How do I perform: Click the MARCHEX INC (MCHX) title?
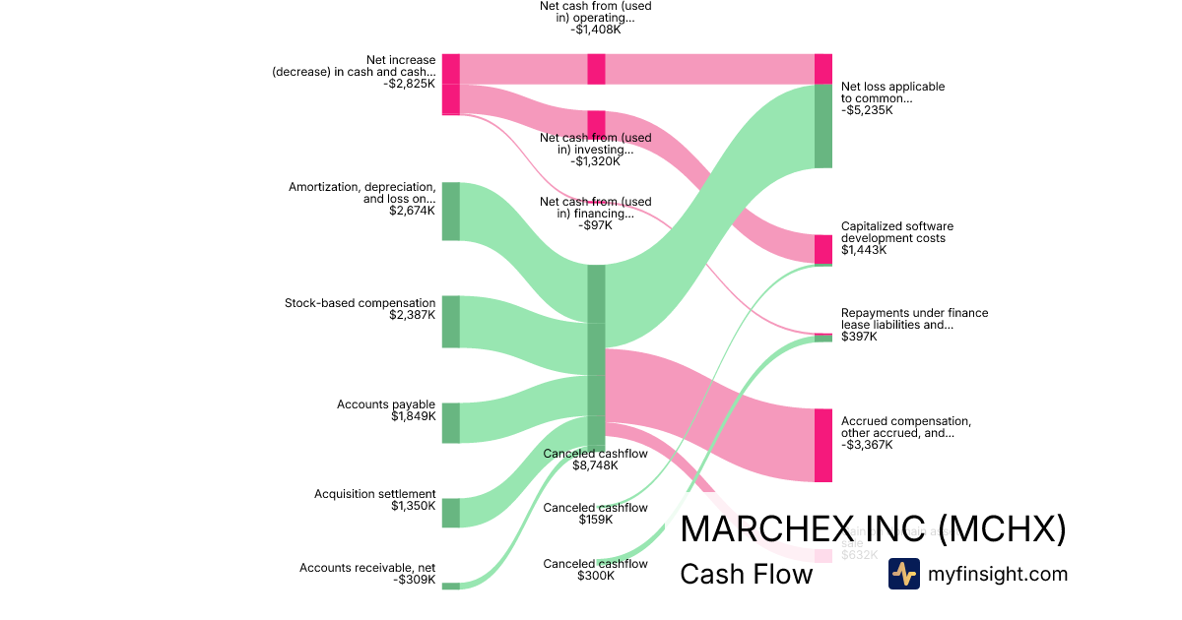pos(873,528)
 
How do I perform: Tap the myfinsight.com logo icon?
pos(903,574)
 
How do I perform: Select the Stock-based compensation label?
pos(360,303)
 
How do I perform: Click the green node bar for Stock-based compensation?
pos(450,321)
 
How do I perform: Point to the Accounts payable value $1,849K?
pos(413,417)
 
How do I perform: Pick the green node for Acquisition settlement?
pos(450,513)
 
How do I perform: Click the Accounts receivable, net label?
pos(366,568)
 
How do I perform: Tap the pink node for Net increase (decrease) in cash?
pos(450,85)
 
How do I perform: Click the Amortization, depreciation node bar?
pos(450,211)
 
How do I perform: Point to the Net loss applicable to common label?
pos(892,93)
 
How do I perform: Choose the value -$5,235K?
pos(867,110)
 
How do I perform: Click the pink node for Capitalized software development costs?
pos(823,249)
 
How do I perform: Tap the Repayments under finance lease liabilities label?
pos(914,319)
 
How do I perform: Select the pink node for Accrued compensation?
pos(823,445)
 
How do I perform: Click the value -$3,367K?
pos(867,445)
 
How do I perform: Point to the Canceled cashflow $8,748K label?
pos(596,459)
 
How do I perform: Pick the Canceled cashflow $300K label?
pos(596,569)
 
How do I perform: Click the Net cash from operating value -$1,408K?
pos(596,30)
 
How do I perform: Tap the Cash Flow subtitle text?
pos(747,575)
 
